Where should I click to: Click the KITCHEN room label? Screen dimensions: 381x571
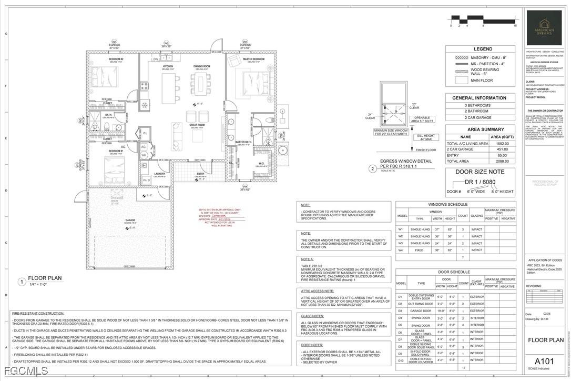(168, 66)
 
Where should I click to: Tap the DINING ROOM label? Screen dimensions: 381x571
(201, 66)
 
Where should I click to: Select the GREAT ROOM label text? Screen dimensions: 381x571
(197, 125)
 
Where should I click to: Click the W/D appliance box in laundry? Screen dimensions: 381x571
(146, 180)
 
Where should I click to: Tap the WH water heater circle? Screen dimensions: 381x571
(144, 155)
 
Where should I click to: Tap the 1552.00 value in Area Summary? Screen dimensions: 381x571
(502, 143)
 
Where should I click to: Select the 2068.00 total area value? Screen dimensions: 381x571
(502, 162)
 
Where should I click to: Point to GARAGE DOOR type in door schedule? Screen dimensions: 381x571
(422, 311)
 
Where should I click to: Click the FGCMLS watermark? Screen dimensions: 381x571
(24, 372)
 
